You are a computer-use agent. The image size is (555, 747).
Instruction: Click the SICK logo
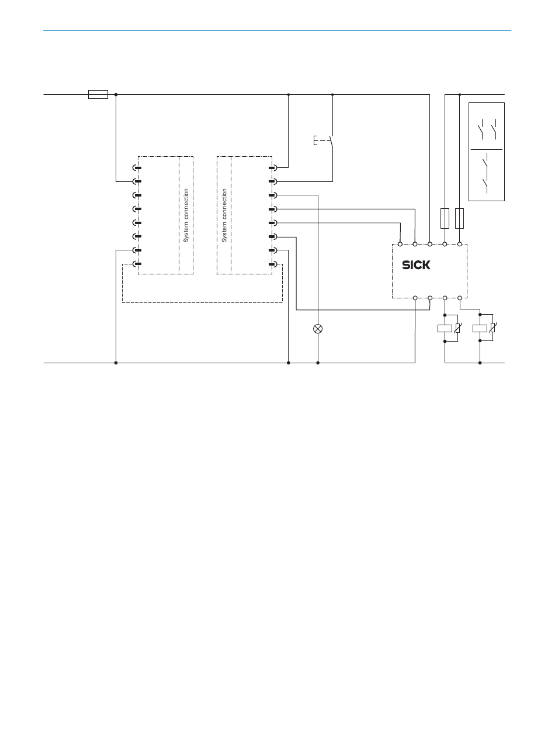pos(416,265)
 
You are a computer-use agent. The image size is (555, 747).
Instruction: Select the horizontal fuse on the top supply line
pos(98,95)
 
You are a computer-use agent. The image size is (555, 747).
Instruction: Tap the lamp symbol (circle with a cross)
pos(318,329)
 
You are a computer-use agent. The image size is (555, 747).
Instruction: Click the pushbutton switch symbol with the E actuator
pos(324,141)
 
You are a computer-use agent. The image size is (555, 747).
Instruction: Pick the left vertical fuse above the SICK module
pos(445,219)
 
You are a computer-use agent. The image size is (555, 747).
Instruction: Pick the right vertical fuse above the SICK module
pos(459,219)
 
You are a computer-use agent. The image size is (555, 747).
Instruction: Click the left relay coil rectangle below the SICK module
pos(445,328)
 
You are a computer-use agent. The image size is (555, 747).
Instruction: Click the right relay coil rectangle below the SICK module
pos(480,328)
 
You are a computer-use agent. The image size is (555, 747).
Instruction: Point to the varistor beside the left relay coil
pos(458,328)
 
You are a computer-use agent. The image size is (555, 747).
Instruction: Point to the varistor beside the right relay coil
pos(492,328)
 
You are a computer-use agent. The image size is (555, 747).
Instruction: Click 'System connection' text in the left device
pos(186,215)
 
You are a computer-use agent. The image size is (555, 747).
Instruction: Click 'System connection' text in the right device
pos(224,215)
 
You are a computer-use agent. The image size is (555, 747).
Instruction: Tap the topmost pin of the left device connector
pos(137,168)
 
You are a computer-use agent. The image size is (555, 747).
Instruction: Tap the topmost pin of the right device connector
pos(273,168)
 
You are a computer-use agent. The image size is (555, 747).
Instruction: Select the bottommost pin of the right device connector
pos(273,264)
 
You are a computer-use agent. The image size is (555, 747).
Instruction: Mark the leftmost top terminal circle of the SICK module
pos(400,244)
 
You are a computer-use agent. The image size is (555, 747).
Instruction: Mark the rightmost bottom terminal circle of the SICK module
pos(460,298)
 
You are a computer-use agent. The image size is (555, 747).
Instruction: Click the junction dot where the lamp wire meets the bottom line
pos(318,363)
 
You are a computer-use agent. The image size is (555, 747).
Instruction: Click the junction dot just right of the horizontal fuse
pos(116,95)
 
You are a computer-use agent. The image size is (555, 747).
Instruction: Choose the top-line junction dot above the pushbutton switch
pos(332,95)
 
